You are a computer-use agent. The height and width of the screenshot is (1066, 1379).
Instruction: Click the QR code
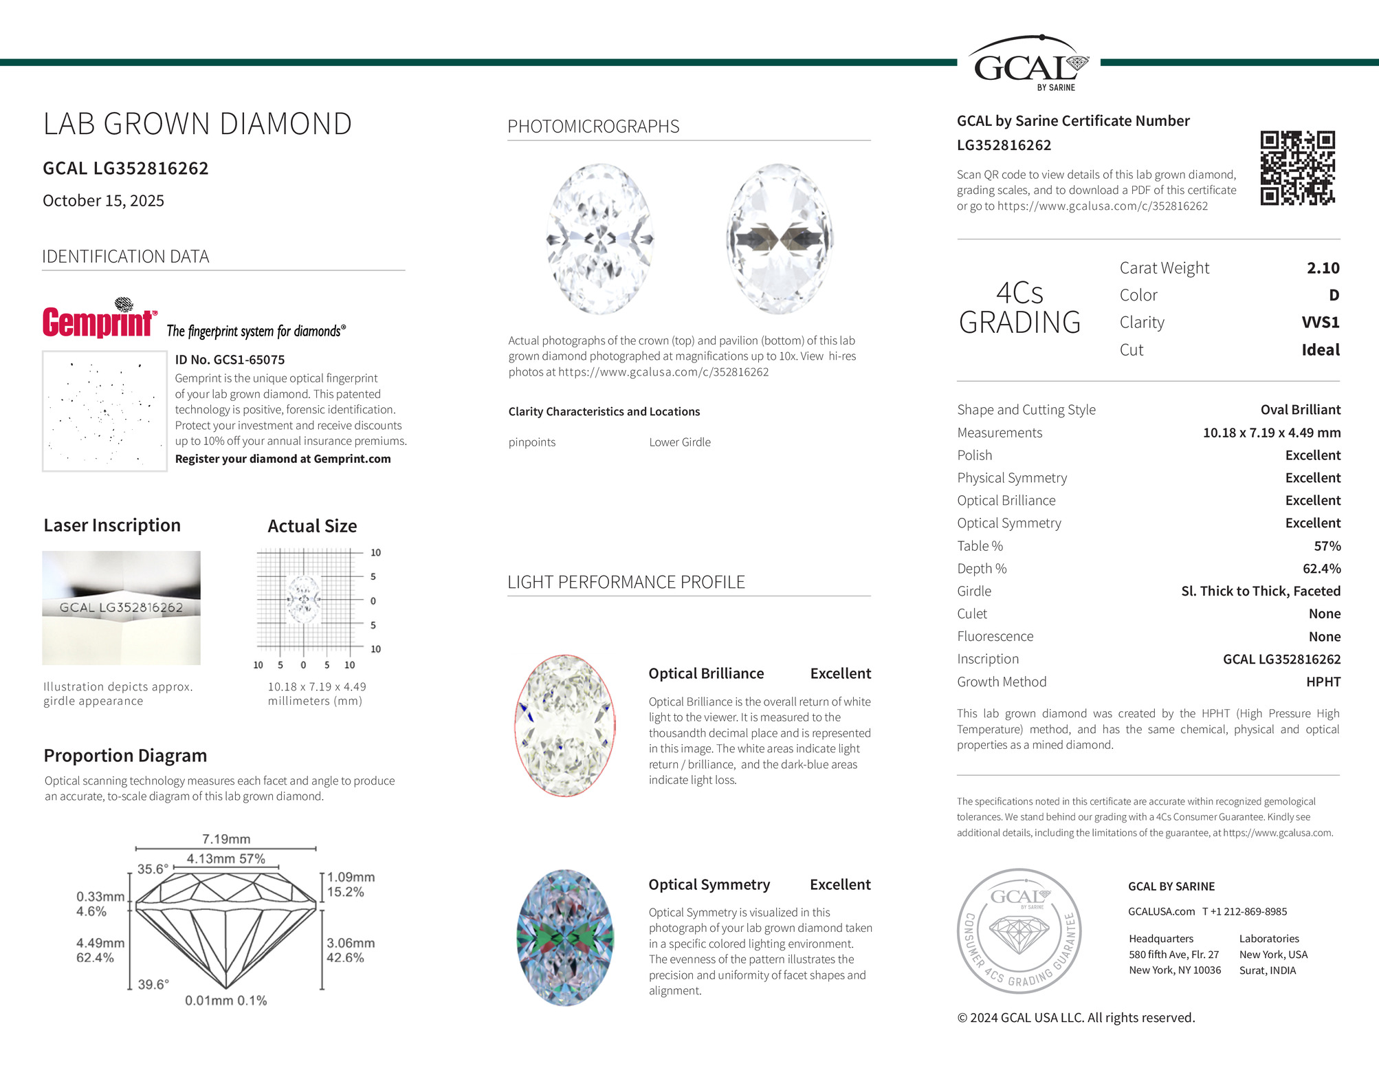point(1297,168)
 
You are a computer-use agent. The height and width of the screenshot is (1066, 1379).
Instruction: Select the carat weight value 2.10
point(1323,268)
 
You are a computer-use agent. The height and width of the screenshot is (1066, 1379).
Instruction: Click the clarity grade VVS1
point(1320,323)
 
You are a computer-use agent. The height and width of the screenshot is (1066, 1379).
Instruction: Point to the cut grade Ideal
point(1320,350)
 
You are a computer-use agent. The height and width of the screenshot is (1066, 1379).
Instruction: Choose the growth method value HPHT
point(1323,682)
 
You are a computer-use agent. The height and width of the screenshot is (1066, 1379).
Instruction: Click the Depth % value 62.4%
point(1321,569)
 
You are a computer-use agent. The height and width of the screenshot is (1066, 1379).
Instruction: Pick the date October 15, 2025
point(104,201)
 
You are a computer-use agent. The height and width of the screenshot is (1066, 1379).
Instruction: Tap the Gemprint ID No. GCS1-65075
point(230,360)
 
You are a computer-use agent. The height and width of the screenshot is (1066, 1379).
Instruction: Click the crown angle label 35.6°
point(153,869)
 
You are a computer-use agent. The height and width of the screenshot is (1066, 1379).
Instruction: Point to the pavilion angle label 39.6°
point(153,985)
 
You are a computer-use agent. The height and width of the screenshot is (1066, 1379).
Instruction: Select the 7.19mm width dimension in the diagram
point(226,839)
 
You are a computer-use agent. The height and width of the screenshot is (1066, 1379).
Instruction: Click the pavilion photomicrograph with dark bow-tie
point(780,239)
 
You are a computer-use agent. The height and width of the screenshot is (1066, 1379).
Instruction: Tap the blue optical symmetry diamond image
point(564,938)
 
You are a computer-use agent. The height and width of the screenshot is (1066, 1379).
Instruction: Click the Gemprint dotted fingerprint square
point(104,411)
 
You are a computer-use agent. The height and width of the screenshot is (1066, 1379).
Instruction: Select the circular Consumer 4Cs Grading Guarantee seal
point(1019,931)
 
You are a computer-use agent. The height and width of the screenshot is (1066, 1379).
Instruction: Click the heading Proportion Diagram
point(125,755)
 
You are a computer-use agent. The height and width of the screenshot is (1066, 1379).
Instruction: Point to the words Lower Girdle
point(680,442)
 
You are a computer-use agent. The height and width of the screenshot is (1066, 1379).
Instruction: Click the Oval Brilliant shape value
point(1300,410)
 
